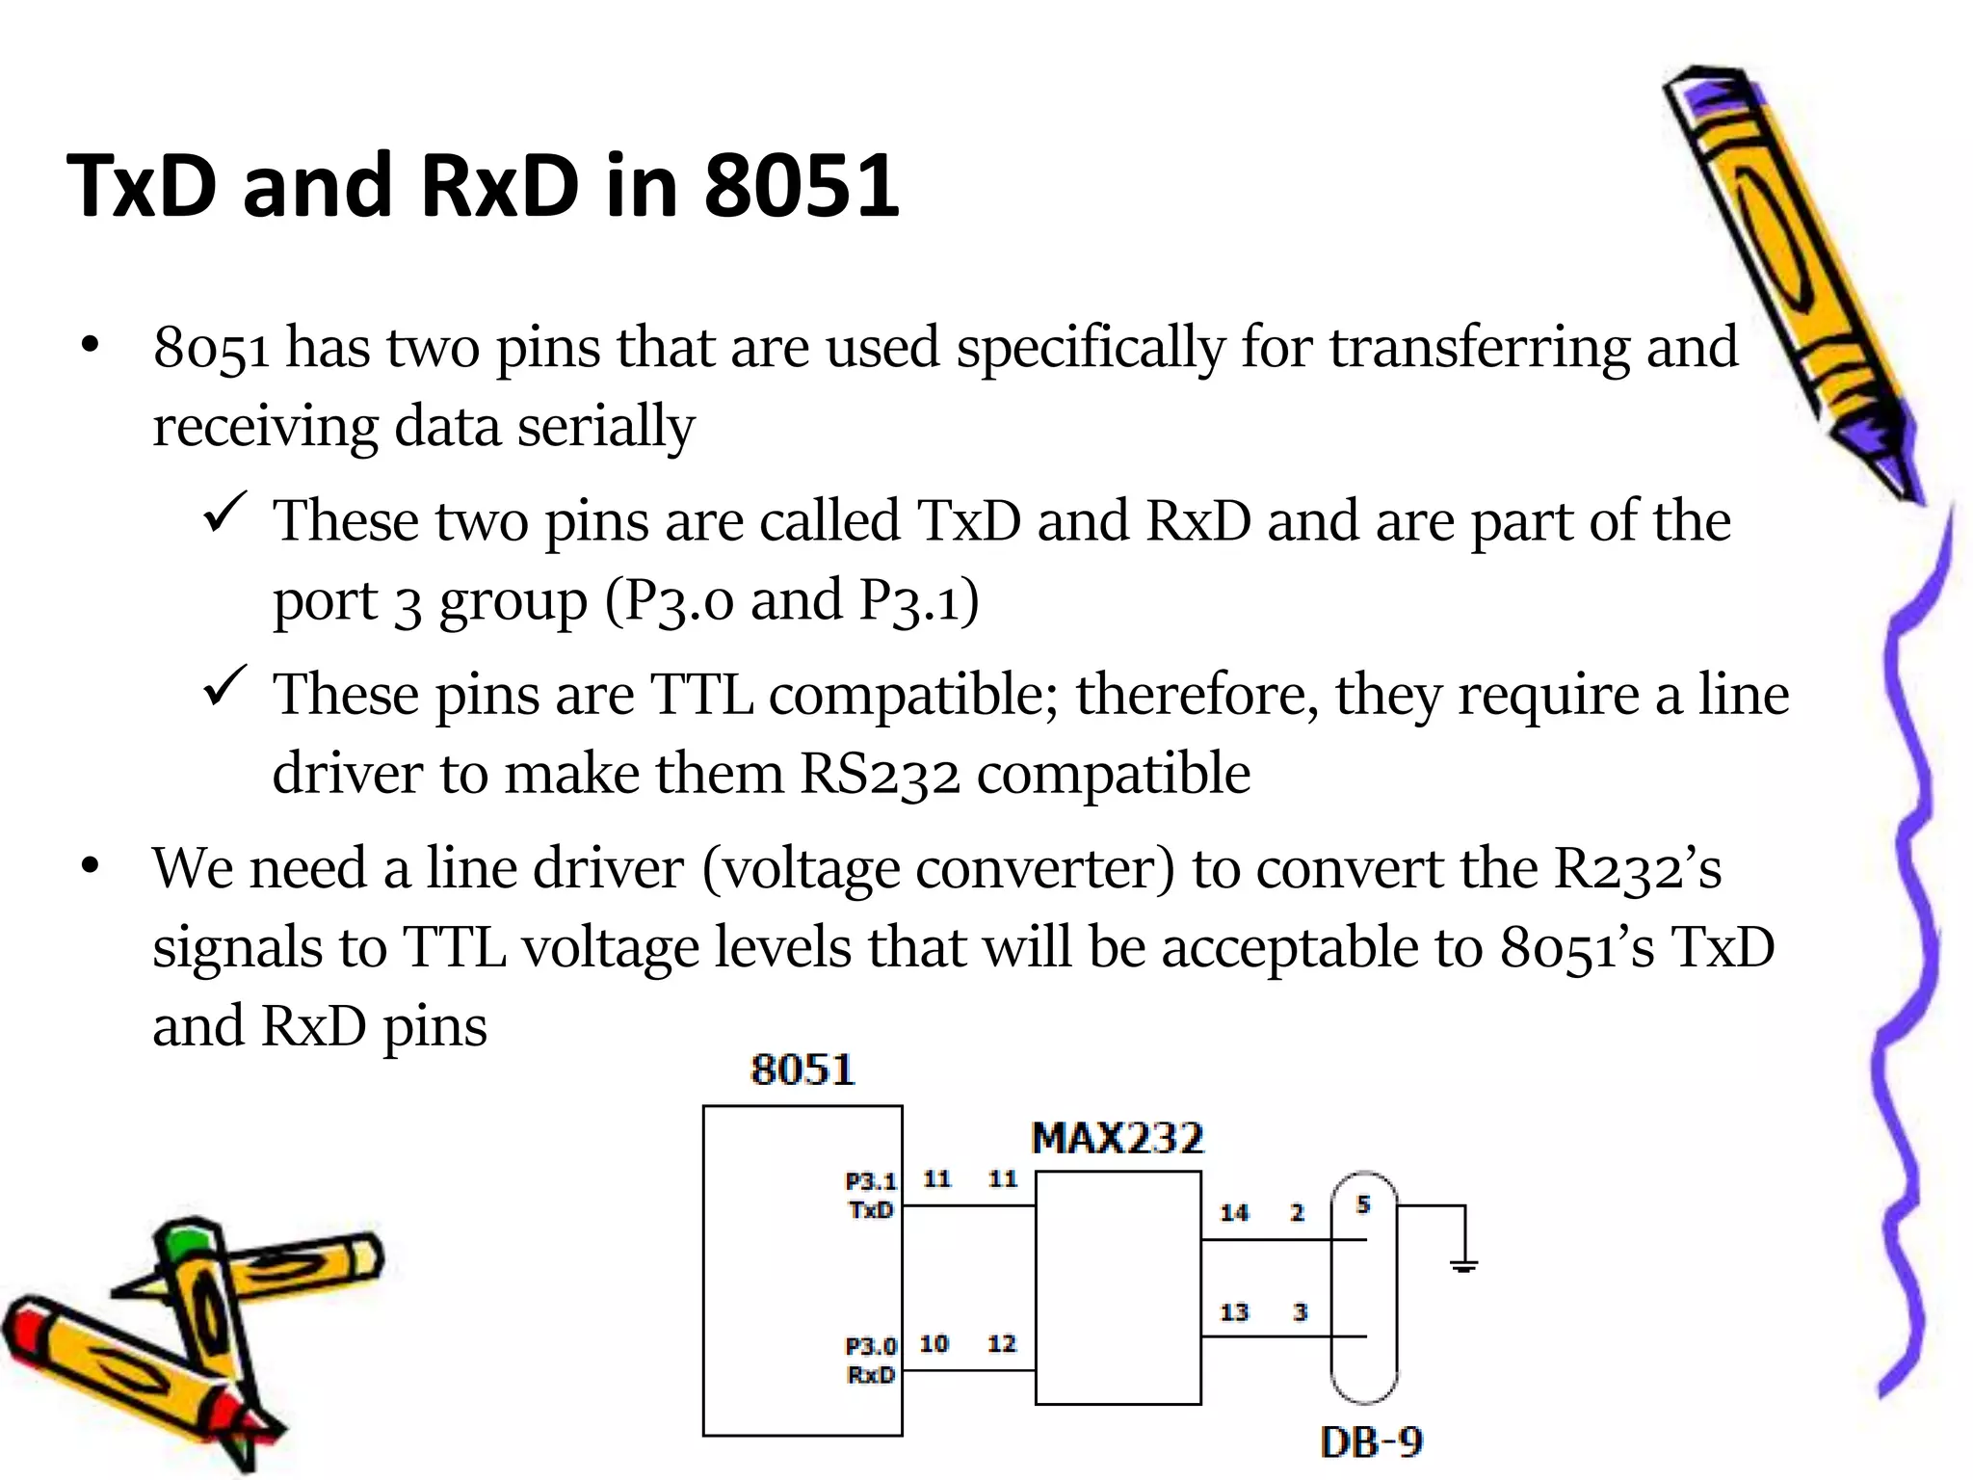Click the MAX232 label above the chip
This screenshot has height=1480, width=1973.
tap(1117, 1139)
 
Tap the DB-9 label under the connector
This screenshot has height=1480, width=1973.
tap(1371, 1442)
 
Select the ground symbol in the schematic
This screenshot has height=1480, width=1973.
tap(1463, 1265)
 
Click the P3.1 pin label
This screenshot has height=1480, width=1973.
tap(870, 1181)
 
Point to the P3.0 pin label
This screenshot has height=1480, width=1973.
tap(870, 1346)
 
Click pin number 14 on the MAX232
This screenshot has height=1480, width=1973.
tap(1234, 1213)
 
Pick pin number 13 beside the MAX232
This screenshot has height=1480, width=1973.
tap(1234, 1312)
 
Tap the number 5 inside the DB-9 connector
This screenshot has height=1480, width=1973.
tap(1362, 1204)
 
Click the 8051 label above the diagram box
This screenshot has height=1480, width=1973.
tap(802, 1070)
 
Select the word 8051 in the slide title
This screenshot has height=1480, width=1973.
tap(802, 186)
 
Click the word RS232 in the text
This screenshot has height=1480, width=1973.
tap(880, 774)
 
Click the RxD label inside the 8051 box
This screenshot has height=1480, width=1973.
tap(871, 1375)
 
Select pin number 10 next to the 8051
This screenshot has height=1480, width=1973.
tap(934, 1344)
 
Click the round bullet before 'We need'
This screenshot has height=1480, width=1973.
tap(91, 867)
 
